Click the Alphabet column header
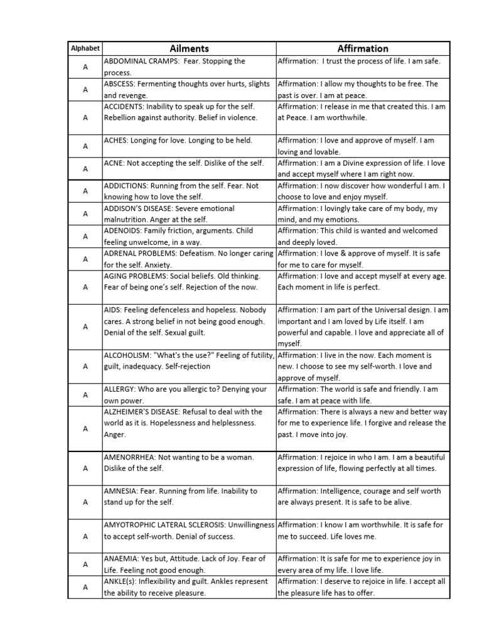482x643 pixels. [85, 48]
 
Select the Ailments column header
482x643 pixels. [189, 48]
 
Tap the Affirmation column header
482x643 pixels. [363, 48]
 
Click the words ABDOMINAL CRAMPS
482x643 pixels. [139, 62]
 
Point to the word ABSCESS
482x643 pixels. [119, 84]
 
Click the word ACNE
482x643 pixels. [114, 163]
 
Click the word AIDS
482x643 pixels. [112, 310]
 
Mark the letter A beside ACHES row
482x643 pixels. [85, 146]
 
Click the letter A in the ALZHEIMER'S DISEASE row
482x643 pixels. [85, 428]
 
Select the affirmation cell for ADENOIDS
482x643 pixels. [363, 237]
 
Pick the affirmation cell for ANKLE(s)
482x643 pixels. [363, 587]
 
